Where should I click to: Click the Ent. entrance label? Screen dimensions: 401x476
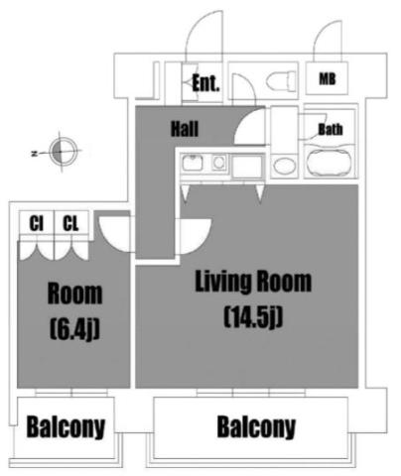tap(205, 83)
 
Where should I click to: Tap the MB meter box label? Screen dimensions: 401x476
tap(327, 78)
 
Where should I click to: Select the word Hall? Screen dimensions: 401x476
tap(185, 129)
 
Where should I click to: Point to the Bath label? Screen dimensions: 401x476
tap(331, 129)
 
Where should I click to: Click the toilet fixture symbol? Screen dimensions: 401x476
tap(281, 80)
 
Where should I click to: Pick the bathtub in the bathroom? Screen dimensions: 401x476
tap(328, 163)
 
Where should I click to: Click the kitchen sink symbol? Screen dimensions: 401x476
tap(193, 163)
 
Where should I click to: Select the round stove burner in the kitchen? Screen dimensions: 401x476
tap(218, 163)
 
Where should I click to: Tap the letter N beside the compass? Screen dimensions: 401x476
tap(34, 154)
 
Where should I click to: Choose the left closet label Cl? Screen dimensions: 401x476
tap(36, 223)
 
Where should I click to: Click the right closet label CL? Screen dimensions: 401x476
tap(70, 223)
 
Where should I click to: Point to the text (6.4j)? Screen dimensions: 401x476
tap(74, 329)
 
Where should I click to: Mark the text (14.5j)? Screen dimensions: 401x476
tap(253, 317)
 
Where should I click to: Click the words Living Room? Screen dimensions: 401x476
tap(253, 282)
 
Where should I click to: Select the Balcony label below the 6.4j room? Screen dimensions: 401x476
tap(66, 427)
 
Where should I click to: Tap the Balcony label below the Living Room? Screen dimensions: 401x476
tap(256, 427)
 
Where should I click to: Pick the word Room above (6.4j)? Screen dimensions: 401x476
tap(74, 294)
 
